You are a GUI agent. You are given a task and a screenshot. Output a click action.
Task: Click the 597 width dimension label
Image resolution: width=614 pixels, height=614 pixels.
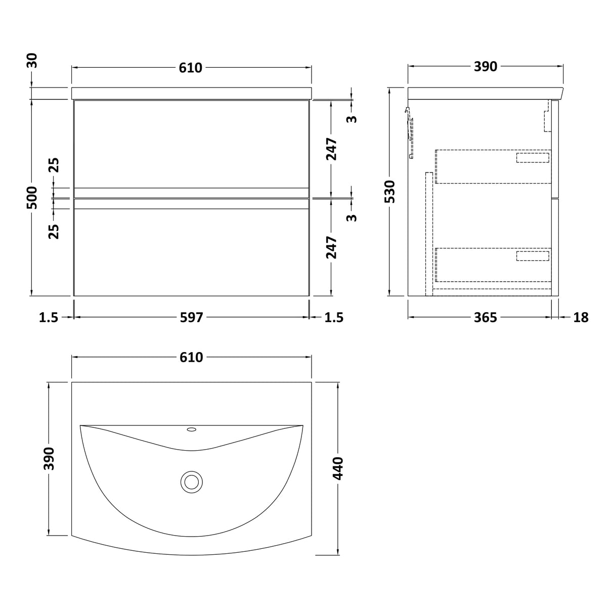[x=191, y=317]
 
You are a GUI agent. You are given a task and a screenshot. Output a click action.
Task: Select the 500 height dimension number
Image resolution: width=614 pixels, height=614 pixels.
[x=32, y=198]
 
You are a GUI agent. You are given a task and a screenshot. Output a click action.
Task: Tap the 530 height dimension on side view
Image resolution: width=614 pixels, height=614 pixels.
[x=389, y=192]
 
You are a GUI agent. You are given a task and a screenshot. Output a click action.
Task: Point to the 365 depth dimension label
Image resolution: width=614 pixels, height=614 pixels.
[x=485, y=317]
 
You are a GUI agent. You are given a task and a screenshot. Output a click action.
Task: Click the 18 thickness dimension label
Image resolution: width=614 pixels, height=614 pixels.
[x=581, y=317]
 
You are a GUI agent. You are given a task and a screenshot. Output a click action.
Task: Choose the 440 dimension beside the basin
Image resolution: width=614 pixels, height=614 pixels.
[x=337, y=468]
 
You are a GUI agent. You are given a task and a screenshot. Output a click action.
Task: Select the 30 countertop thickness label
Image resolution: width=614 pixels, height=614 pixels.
[x=32, y=60]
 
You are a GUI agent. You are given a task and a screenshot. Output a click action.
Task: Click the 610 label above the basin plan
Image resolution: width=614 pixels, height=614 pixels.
[x=191, y=357]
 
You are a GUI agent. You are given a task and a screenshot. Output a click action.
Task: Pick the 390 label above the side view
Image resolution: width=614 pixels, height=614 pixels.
[x=485, y=66]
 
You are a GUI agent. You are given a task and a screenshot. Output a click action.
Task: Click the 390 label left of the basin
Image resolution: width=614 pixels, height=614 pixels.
[x=49, y=458]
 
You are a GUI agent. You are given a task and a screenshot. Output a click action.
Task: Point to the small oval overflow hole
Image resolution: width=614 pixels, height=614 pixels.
[x=191, y=430]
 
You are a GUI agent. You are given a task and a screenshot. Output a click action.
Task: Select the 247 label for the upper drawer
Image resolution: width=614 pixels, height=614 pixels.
[x=331, y=149]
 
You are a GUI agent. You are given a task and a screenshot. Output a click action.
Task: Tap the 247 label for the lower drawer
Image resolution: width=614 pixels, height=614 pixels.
[x=331, y=247]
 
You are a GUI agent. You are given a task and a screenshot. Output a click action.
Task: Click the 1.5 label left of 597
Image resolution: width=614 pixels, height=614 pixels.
[x=49, y=317]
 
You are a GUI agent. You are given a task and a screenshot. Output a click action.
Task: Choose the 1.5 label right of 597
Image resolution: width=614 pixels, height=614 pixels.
[x=333, y=317]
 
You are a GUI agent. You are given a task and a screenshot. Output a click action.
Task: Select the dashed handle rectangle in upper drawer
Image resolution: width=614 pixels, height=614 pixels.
[x=532, y=157]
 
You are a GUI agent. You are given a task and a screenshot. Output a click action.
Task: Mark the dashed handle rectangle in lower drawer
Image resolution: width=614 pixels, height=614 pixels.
[x=532, y=255]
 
